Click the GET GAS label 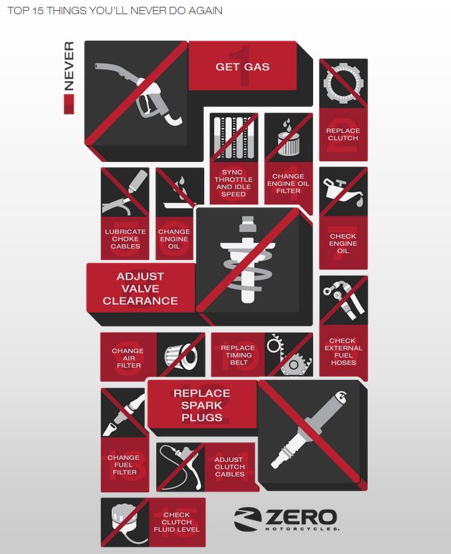coord(243,67)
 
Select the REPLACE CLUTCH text coord(343,134)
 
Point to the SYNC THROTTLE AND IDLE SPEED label coord(233,183)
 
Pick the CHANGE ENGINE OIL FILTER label coord(288,184)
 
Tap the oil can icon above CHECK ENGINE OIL coord(343,192)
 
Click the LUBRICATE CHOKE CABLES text coord(125,239)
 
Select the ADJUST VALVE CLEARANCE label coord(141,289)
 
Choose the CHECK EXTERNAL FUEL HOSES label coord(343,351)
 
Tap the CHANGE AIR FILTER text coord(128,358)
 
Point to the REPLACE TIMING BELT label coord(238,355)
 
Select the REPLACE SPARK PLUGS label coord(201,405)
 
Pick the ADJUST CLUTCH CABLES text coord(229,467)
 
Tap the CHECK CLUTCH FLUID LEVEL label coord(176,522)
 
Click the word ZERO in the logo coord(301,517)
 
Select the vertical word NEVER coord(69,66)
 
